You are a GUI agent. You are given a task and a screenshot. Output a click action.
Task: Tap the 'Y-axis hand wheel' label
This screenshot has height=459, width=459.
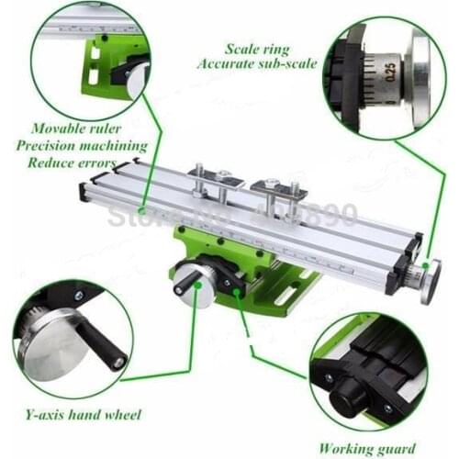point(85,415)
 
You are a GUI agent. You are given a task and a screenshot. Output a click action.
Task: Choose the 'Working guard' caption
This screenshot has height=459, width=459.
point(366,449)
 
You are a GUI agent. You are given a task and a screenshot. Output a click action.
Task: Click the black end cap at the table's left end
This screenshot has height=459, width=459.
point(84,192)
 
